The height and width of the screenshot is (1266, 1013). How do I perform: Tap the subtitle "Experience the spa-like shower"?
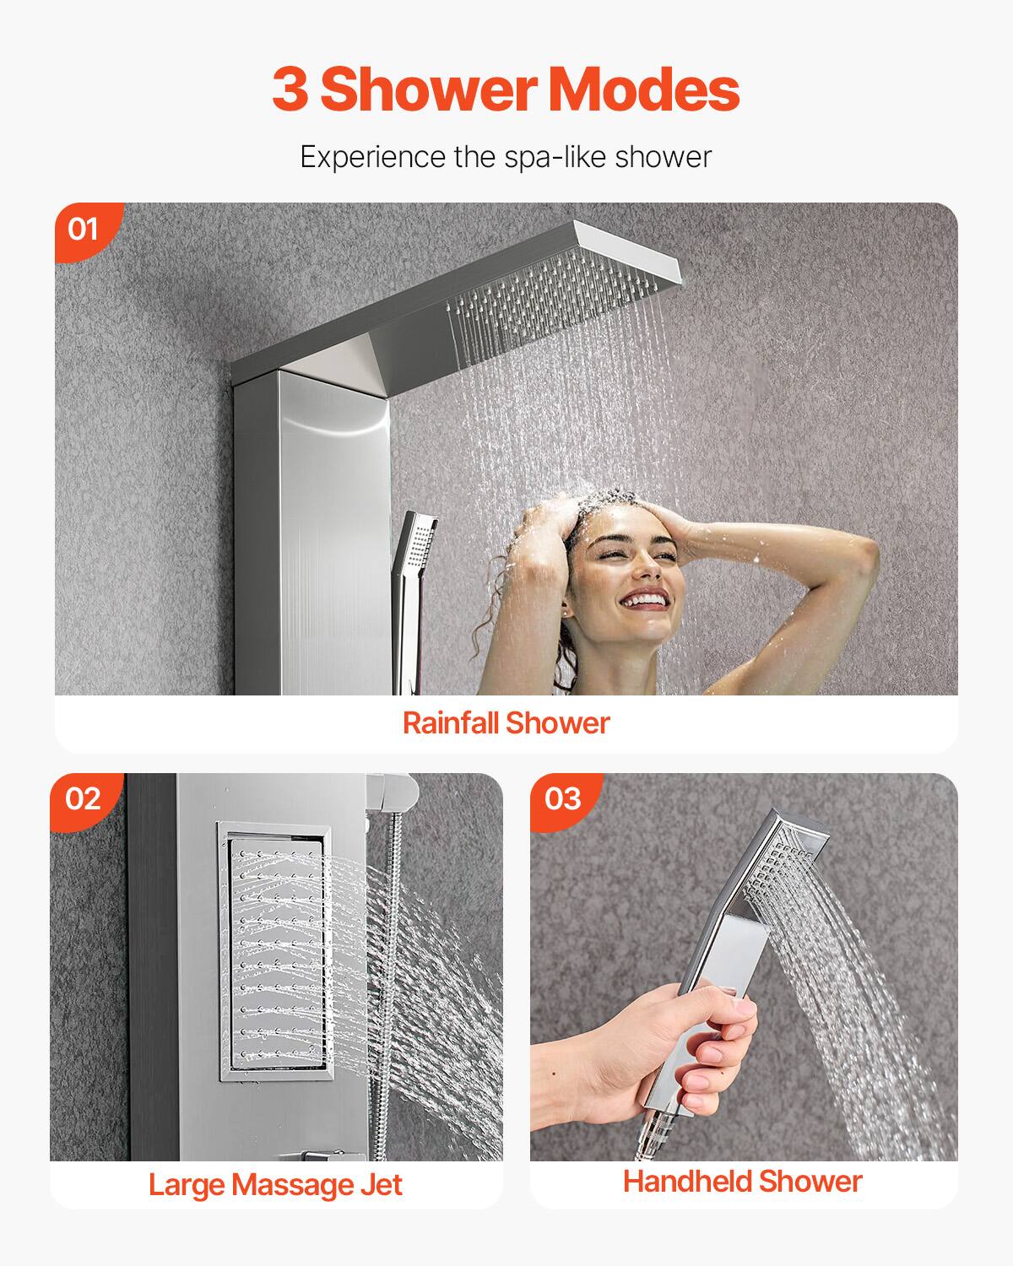(x=506, y=157)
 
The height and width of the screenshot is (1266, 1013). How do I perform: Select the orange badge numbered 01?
(x=83, y=229)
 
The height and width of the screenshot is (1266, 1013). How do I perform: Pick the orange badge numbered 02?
(x=83, y=798)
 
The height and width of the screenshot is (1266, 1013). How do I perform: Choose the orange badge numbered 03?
(x=563, y=798)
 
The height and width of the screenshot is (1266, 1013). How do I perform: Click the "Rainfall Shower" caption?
(x=506, y=722)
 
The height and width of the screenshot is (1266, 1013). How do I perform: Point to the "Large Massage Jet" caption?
(x=275, y=1184)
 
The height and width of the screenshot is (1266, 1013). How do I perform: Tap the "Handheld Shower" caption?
(x=742, y=1181)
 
